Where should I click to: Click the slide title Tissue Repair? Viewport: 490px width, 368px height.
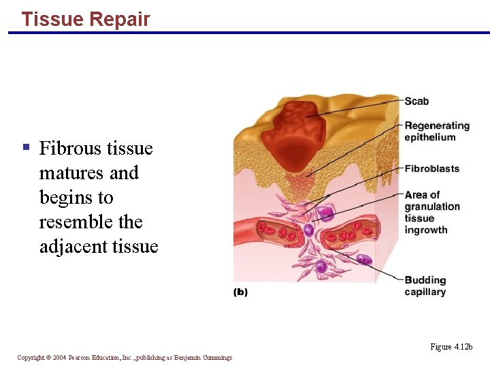coord(85,19)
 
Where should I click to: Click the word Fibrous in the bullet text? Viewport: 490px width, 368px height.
coord(71,149)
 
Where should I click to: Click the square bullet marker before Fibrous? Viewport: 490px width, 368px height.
coord(26,147)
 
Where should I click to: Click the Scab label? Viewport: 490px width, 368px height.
coord(416,102)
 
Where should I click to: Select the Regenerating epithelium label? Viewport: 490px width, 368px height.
coord(436,131)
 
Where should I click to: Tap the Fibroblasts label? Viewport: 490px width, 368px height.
coord(431,168)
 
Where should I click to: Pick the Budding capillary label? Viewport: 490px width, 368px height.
coord(425,286)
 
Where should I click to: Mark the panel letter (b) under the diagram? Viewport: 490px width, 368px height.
coord(240,292)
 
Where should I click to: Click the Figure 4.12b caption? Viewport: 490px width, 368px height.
coord(451,347)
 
